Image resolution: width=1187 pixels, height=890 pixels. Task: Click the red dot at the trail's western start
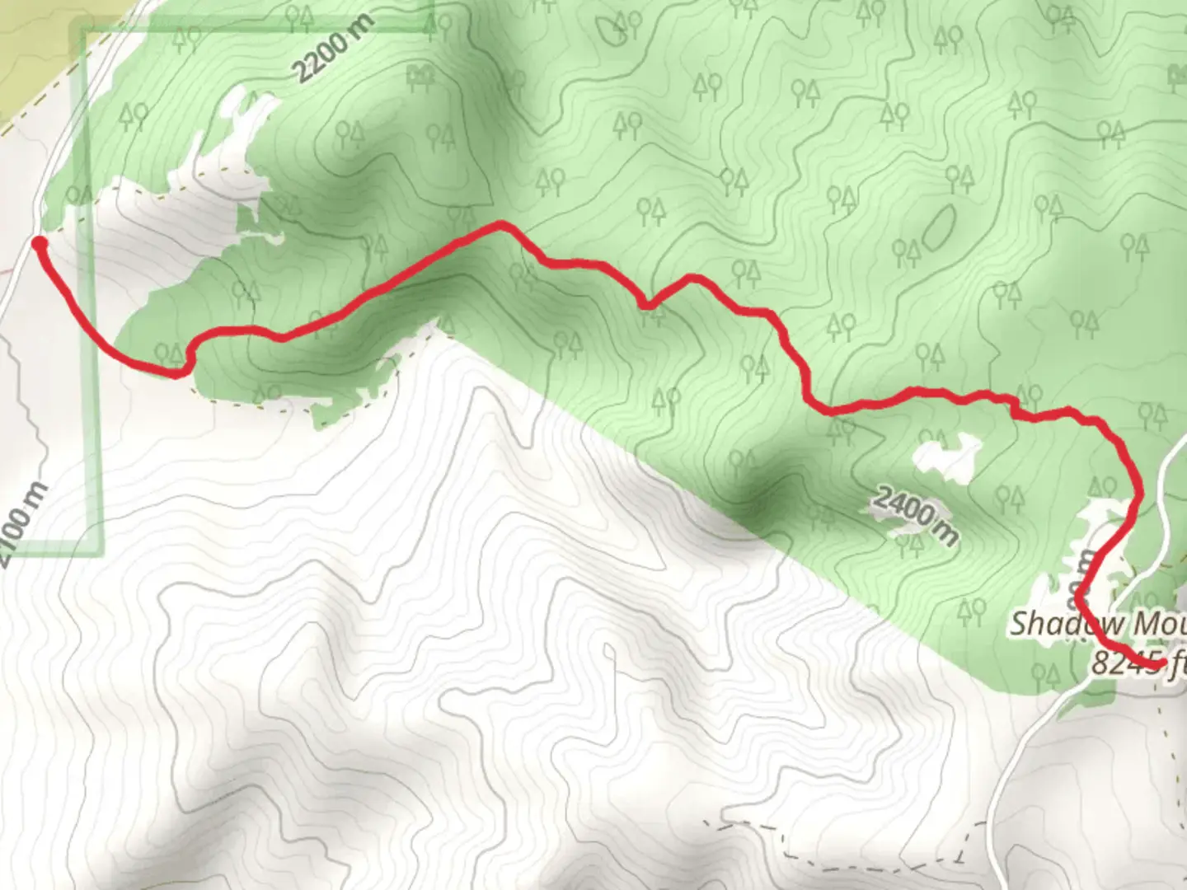[39, 242]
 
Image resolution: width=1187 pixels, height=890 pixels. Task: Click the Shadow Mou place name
[1097, 624]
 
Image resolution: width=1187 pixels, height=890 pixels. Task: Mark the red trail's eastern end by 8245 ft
[1161, 662]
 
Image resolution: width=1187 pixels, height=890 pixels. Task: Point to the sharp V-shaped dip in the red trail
[649, 306]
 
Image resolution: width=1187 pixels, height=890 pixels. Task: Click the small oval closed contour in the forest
[938, 227]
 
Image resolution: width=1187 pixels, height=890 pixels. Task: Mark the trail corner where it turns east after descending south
[816, 406]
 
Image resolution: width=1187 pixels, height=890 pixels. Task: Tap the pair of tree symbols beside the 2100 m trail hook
[168, 354]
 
